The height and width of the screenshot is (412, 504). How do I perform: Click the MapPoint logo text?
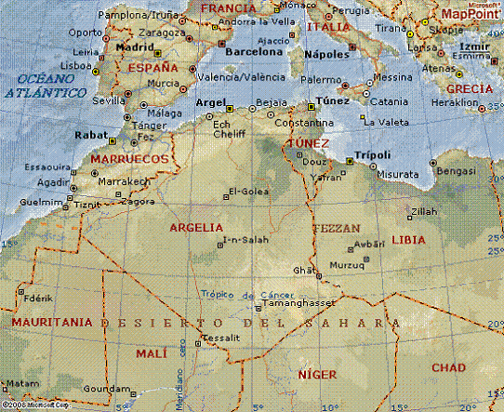[x=468, y=14]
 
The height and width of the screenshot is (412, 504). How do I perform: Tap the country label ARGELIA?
[x=195, y=227]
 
